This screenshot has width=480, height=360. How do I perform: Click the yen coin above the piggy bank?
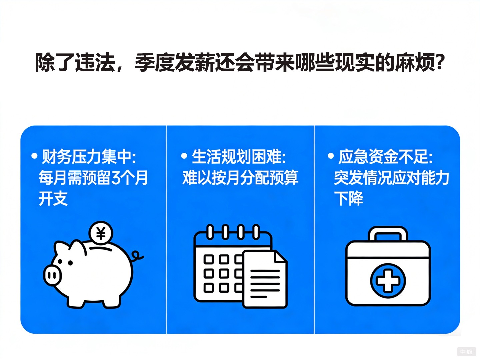(x=101, y=233)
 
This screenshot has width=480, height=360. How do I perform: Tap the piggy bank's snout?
(x=52, y=275)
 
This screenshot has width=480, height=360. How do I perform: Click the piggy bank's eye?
(x=70, y=263)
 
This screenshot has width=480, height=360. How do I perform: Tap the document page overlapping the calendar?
(x=265, y=280)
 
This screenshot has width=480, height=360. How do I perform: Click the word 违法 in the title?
(x=95, y=62)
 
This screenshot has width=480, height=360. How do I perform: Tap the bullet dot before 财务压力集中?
(x=34, y=156)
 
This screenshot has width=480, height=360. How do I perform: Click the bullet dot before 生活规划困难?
(x=184, y=156)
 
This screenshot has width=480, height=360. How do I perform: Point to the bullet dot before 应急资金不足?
(x=331, y=156)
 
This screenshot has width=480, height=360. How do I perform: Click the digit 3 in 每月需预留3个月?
(x=116, y=178)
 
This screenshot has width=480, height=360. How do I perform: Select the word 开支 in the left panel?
(x=53, y=199)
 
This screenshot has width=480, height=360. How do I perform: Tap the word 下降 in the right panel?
(x=349, y=199)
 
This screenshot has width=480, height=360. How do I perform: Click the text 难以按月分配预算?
(x=240, y=178)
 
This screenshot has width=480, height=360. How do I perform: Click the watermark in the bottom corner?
(x=466, y=352)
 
